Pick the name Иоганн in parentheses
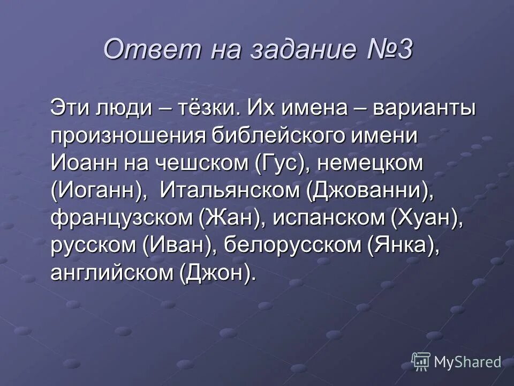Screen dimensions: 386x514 99,191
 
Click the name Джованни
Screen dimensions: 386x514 370,191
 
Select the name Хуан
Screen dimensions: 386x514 425,219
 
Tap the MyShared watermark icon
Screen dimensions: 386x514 421,362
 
